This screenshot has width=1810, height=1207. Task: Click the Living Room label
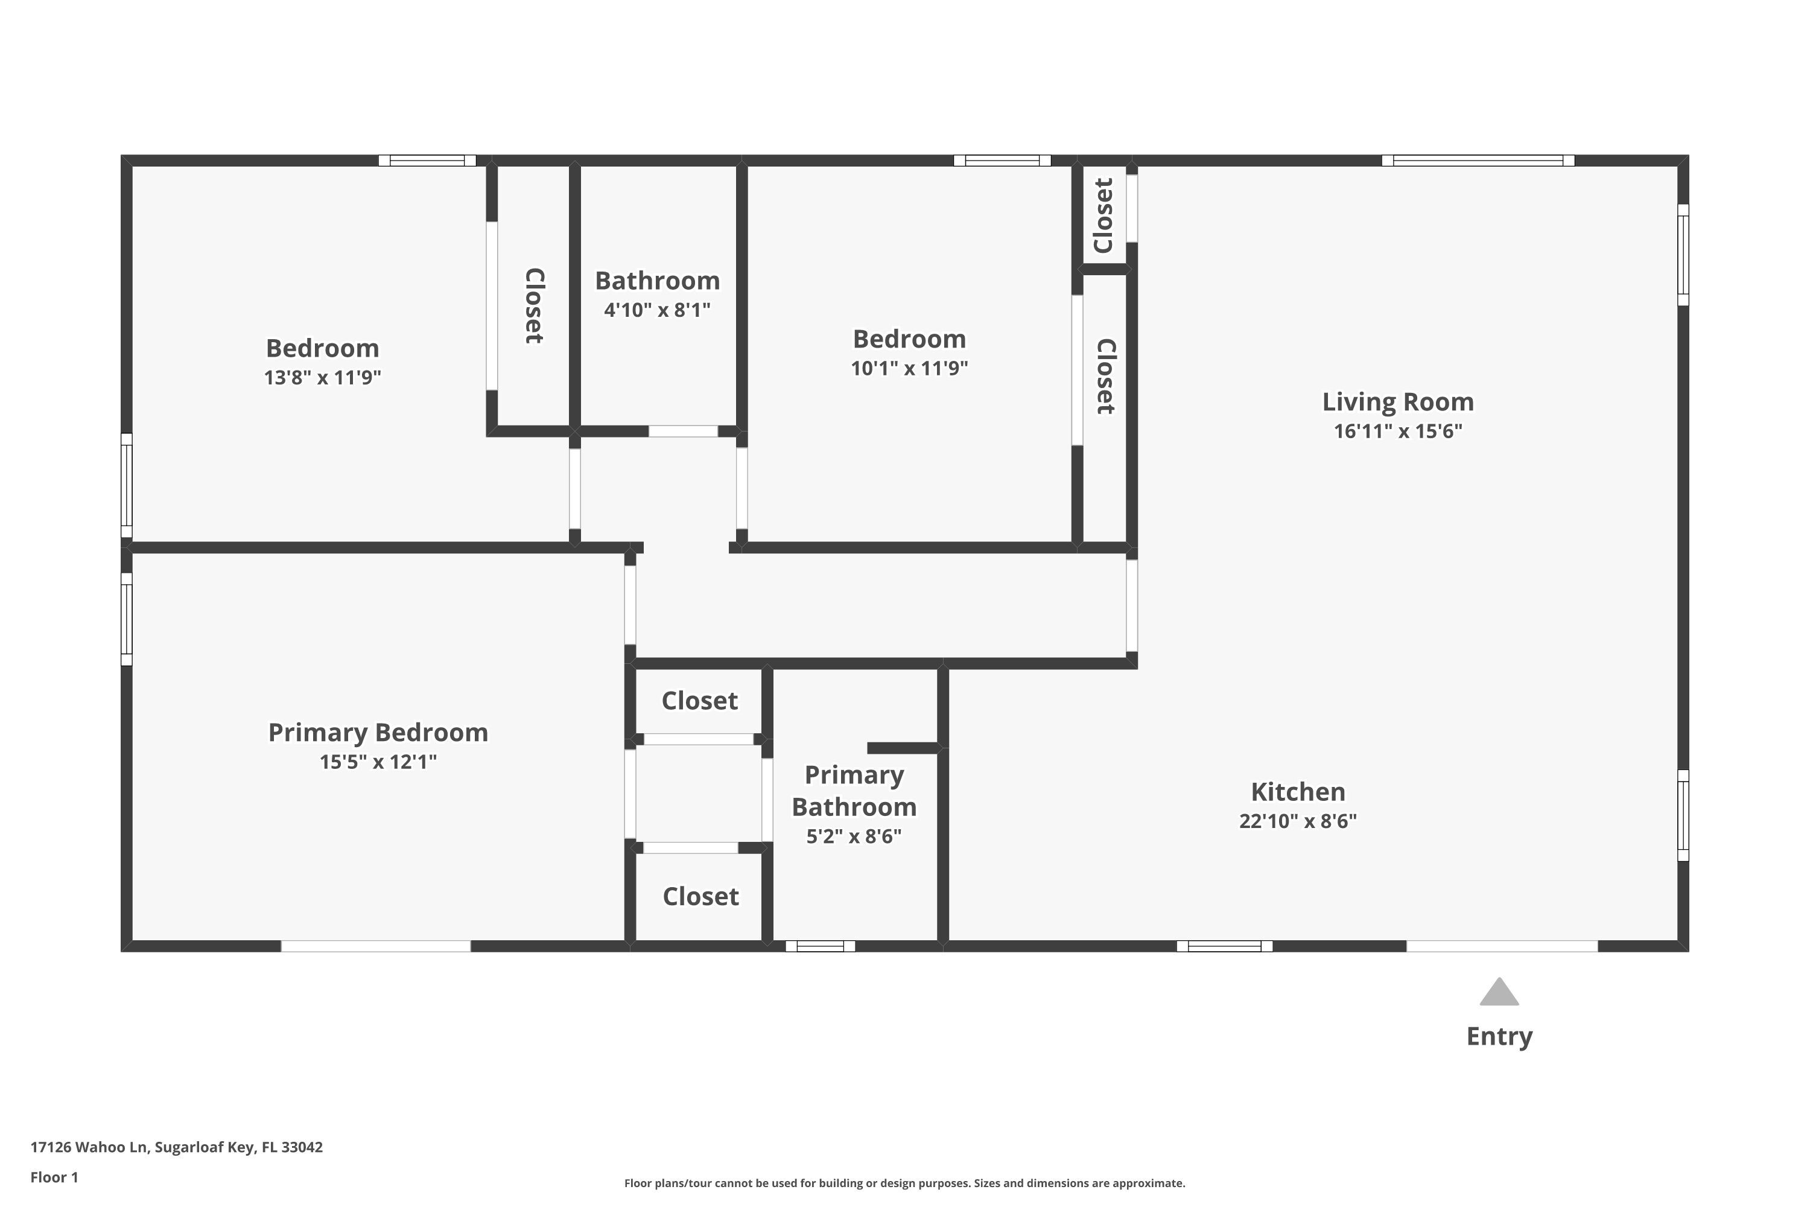[x=1397, y=402]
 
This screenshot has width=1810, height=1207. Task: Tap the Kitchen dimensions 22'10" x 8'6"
[x=1298, y=821]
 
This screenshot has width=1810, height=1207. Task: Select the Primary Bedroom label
[x=378, y=732]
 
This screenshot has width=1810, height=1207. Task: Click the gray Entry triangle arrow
[x=1499, y=993]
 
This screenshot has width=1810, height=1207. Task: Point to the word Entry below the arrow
[x=1499, y=1036]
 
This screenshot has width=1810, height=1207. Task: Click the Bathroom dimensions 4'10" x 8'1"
[x=656, y=310]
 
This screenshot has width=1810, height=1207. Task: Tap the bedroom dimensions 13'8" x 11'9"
[x=322, y=377]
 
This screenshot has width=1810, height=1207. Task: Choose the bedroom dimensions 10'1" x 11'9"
[x=909, y=368]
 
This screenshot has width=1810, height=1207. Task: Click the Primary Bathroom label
[x=854, y=791]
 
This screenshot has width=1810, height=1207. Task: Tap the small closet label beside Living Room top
[x=1103, y=215]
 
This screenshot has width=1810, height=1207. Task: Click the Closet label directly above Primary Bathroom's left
[x=699, y=701]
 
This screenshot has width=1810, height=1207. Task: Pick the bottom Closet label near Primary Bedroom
[x=700, y=896]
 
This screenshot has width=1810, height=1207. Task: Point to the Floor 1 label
[x=54, y=1177]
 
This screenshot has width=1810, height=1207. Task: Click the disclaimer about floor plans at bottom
[x=904, y=1183]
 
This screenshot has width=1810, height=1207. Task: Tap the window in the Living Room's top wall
[x=1478, y=160]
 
